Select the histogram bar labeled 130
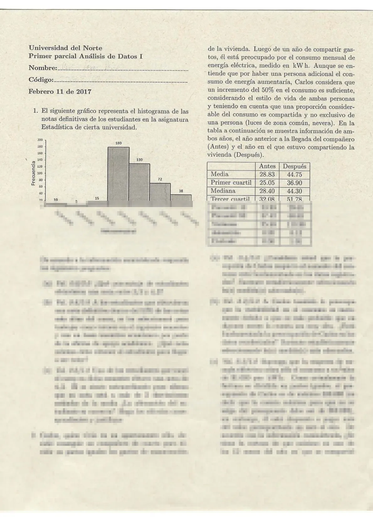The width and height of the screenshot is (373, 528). click(139, 182)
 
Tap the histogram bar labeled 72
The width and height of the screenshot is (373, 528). click(160, 191)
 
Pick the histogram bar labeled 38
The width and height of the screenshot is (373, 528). click(181, 197)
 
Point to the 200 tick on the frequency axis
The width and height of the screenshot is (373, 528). click(40, 140)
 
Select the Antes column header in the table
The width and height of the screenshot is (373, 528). click(267, 166)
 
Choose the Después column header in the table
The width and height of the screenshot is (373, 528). click(294, 166)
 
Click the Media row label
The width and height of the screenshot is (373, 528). click(219, 174)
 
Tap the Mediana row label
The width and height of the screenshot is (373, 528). click(223, 191)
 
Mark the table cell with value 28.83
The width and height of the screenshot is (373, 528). click(267, 175)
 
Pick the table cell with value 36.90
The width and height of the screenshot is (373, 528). click(294, 183)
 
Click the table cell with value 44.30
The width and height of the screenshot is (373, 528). click(294, 191)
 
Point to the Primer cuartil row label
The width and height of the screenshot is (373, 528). click(231, 183)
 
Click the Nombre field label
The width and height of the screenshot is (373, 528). click(43, 68)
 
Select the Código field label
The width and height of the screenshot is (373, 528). click(41, 80)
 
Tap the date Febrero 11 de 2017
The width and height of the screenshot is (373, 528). click(60, 92)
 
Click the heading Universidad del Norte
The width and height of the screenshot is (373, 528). click(65, 48)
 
